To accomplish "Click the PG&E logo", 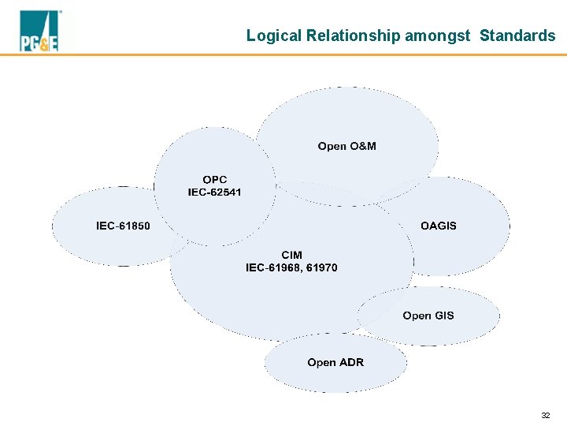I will pyautogui.click(x=39, y=32).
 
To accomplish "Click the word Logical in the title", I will pyautogui.click(x=273, y=35).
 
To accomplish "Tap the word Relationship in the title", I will pyautogui.click(x=352, y=35).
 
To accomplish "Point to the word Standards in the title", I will pyautogui.click(x=517, y=35).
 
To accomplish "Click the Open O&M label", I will pyautogui.click(x=346, y=146).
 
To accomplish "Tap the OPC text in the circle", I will pyautogui.click(x=214, y=180).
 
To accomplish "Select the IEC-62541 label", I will pyautogui.click(x=214, y=192).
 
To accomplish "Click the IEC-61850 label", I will pyautogui.click(x=123, y=226).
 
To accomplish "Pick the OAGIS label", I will pyautogui.click(x=438, y=226).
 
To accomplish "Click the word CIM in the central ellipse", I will pyautogui.click(x=291, y=256).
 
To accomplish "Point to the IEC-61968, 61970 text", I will pyautogui.click(x=291, y=267).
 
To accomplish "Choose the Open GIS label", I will pyautogui.click(x=428, y=316).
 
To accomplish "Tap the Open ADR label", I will pyautogui.click(x=335, y=363).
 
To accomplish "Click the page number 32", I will pyautogui.click(x=546, y=414).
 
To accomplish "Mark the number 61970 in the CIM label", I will pyautogui.click(x=321, y=267).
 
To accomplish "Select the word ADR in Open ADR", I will pyautogui.click(x=351, y=363).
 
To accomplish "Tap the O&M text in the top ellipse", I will pyautogui.click(x=362, y=146).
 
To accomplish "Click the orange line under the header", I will pyautogui.click(x=283, y=54).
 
